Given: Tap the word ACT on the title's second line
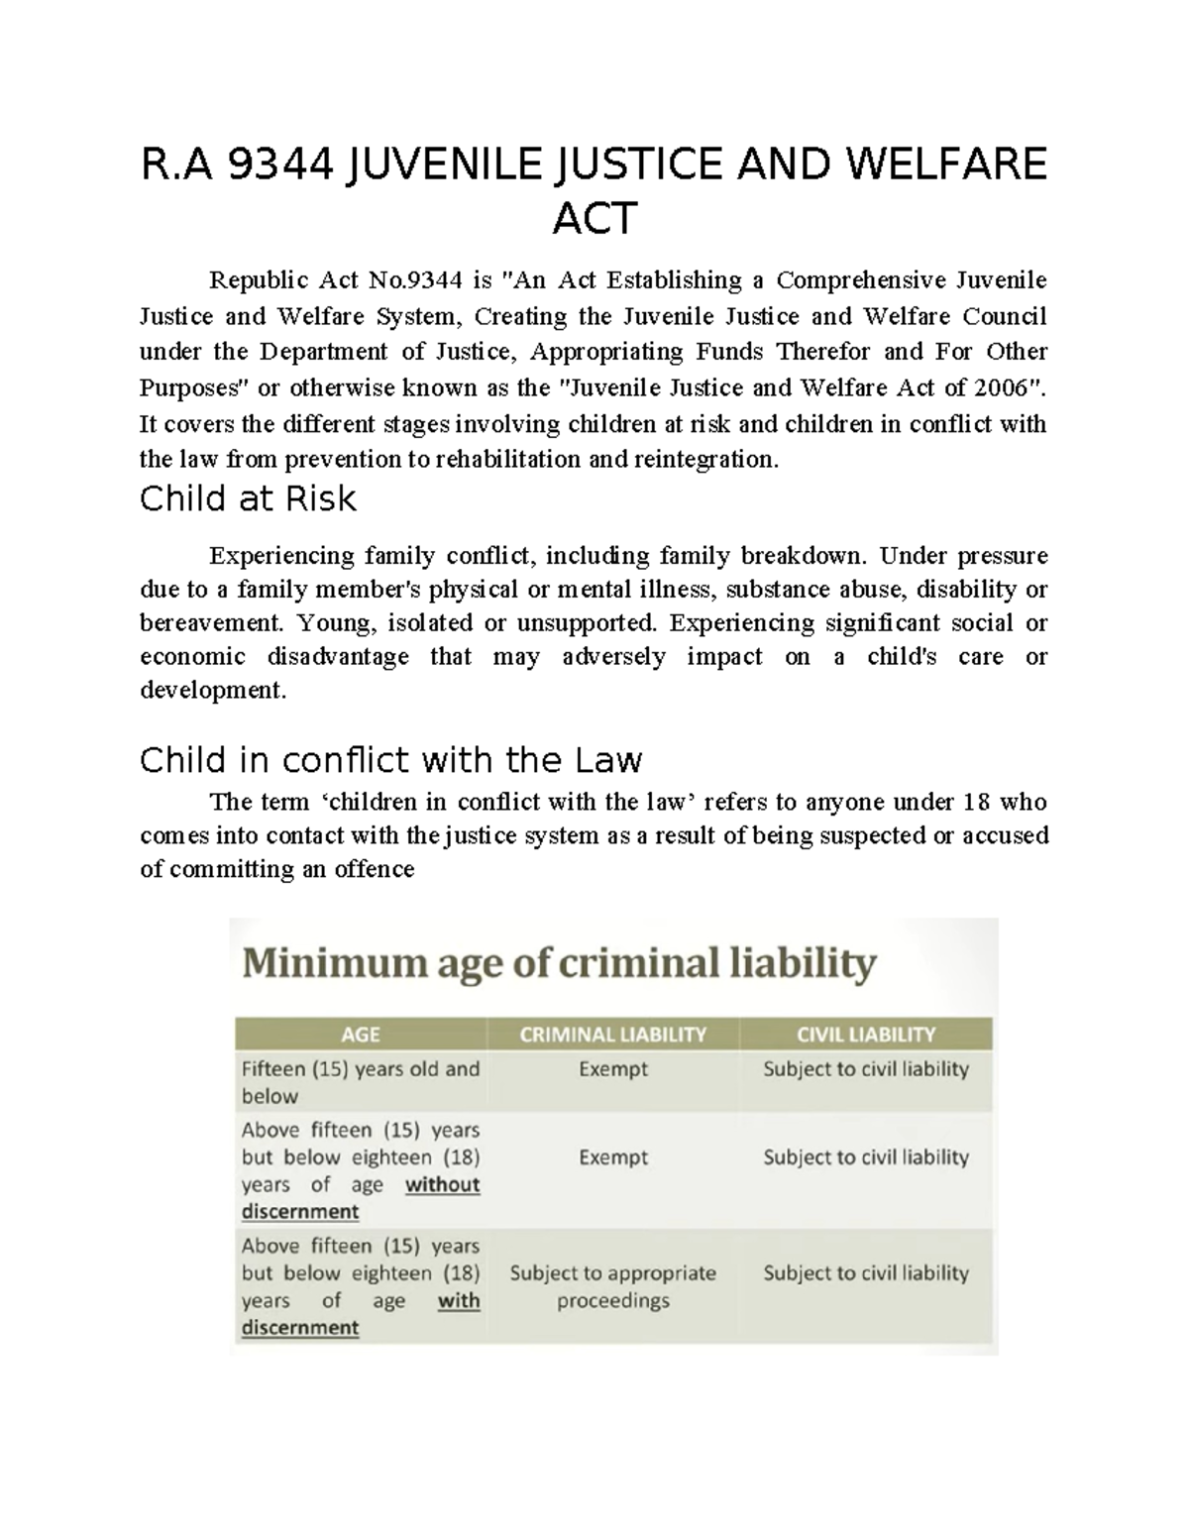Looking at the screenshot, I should point(594,219).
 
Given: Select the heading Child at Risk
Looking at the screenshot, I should point(248,498).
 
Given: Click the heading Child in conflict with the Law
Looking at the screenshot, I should point(390,760).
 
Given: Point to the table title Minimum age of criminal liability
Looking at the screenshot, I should point(559,962).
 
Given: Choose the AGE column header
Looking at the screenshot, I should point(361,1035).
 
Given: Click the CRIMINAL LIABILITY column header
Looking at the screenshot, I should point(612,1035).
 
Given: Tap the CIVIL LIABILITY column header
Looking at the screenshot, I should point(866,1035).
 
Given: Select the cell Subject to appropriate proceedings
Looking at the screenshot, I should point(612,1286).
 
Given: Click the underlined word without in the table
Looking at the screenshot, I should point(442,1184).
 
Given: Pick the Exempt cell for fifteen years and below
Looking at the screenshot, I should point(612,1069).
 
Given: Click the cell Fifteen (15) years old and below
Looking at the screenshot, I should point(360,1082).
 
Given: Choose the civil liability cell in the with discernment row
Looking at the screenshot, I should point(866,1272).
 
